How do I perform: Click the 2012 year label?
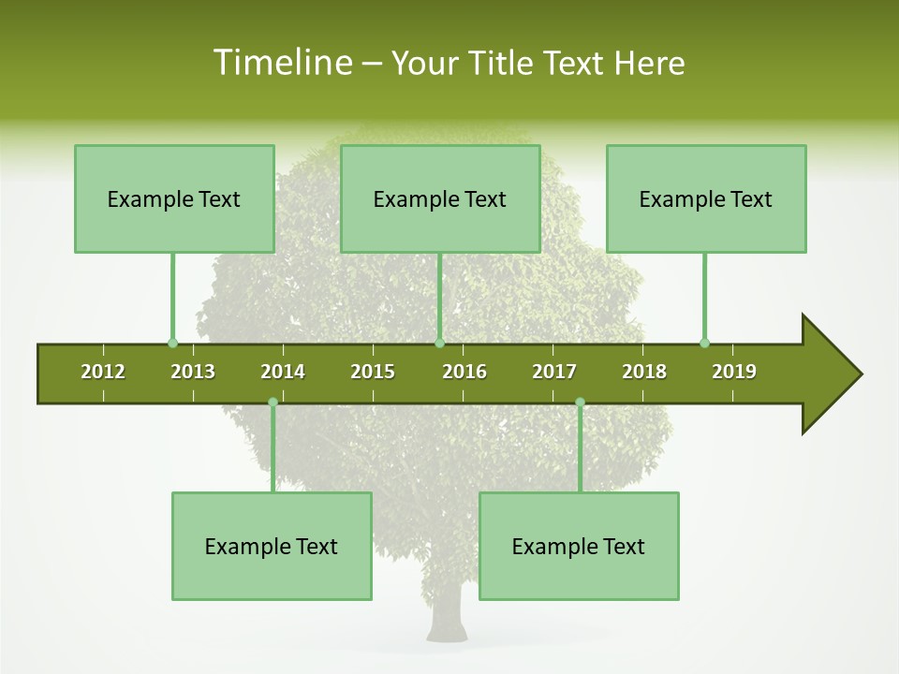pos(103,372)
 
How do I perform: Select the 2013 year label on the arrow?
pos(193,372)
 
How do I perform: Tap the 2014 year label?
pos(283,372)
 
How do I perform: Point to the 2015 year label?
pos(373,372)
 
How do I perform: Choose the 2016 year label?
pos(464,372)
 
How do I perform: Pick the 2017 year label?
pos(554,372)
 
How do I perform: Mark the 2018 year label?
pos(644,372)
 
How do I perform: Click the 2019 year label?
pos(734,372)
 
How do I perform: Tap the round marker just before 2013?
pos(172,343)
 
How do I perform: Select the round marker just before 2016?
pos(439,343)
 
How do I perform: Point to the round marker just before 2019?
pos(704,343)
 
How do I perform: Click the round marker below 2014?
pos(273,402)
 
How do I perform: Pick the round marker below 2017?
pos(580,402)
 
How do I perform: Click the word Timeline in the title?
pos(282,63)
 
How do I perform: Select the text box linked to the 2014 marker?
pos(272,546)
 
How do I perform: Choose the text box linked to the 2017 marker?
pos(579,546)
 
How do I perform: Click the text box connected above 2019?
pos(706,198)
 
